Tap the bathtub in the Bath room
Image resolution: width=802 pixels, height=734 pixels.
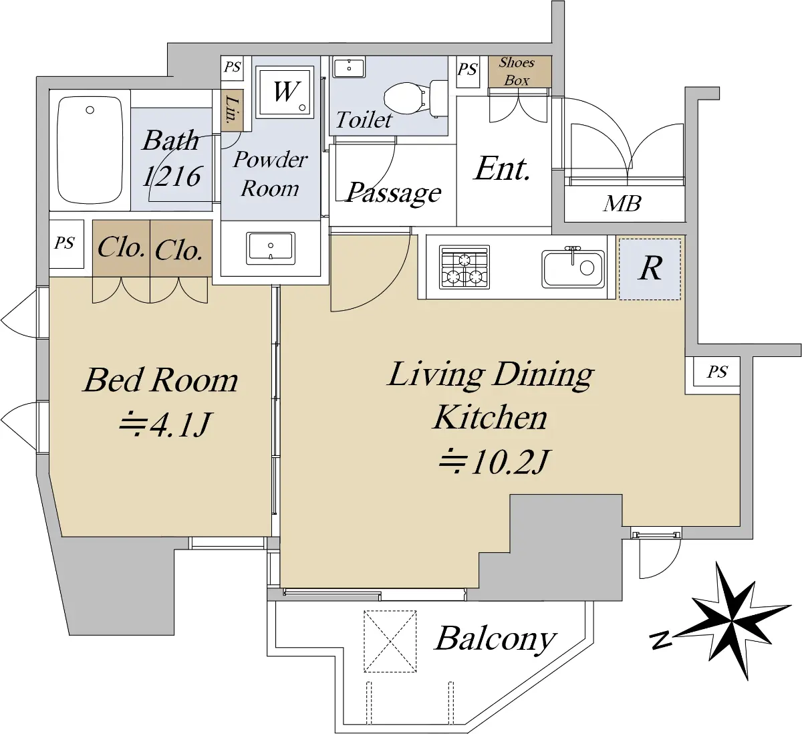[90, 150]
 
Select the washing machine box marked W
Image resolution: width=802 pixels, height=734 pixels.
[285, 92]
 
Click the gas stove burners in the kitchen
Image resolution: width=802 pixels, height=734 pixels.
[464, 267]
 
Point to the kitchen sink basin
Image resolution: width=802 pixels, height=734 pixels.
[573, 269]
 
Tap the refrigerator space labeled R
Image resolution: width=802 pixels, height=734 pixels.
[650, 269]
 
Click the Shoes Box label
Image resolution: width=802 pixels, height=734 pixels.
[517, 72]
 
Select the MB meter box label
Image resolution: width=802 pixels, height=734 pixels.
[622, 203]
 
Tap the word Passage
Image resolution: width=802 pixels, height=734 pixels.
[394, 194]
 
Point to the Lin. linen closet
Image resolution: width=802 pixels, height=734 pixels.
[232, 110]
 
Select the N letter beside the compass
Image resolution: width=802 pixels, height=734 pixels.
[661, 640]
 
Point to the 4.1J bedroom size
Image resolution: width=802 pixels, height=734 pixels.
[164, 424]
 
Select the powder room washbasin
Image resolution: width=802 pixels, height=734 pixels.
[270, 248]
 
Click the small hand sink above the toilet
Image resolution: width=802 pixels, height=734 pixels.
[349, 68]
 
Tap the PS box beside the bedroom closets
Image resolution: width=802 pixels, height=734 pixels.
[66, 244]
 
